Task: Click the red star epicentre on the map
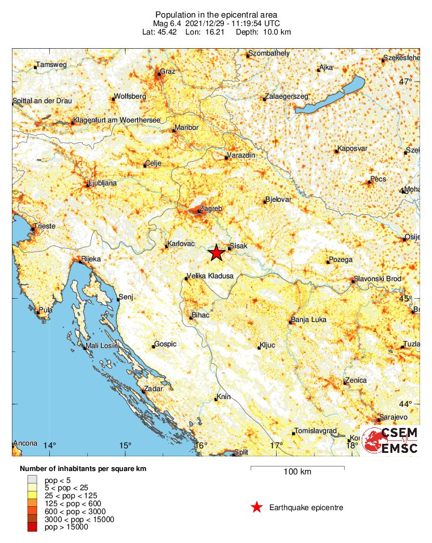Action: coord(216,253)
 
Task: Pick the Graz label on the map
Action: coord(168,71)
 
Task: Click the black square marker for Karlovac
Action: coord(166,247)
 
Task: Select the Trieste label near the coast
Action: coord(45,226)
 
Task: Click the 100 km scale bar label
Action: coord(297,472)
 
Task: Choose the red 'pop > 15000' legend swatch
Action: coord(31,527)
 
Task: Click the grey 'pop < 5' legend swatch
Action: coord(31,480)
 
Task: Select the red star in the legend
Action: coord(257,507)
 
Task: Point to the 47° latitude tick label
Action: coord(405,82)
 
